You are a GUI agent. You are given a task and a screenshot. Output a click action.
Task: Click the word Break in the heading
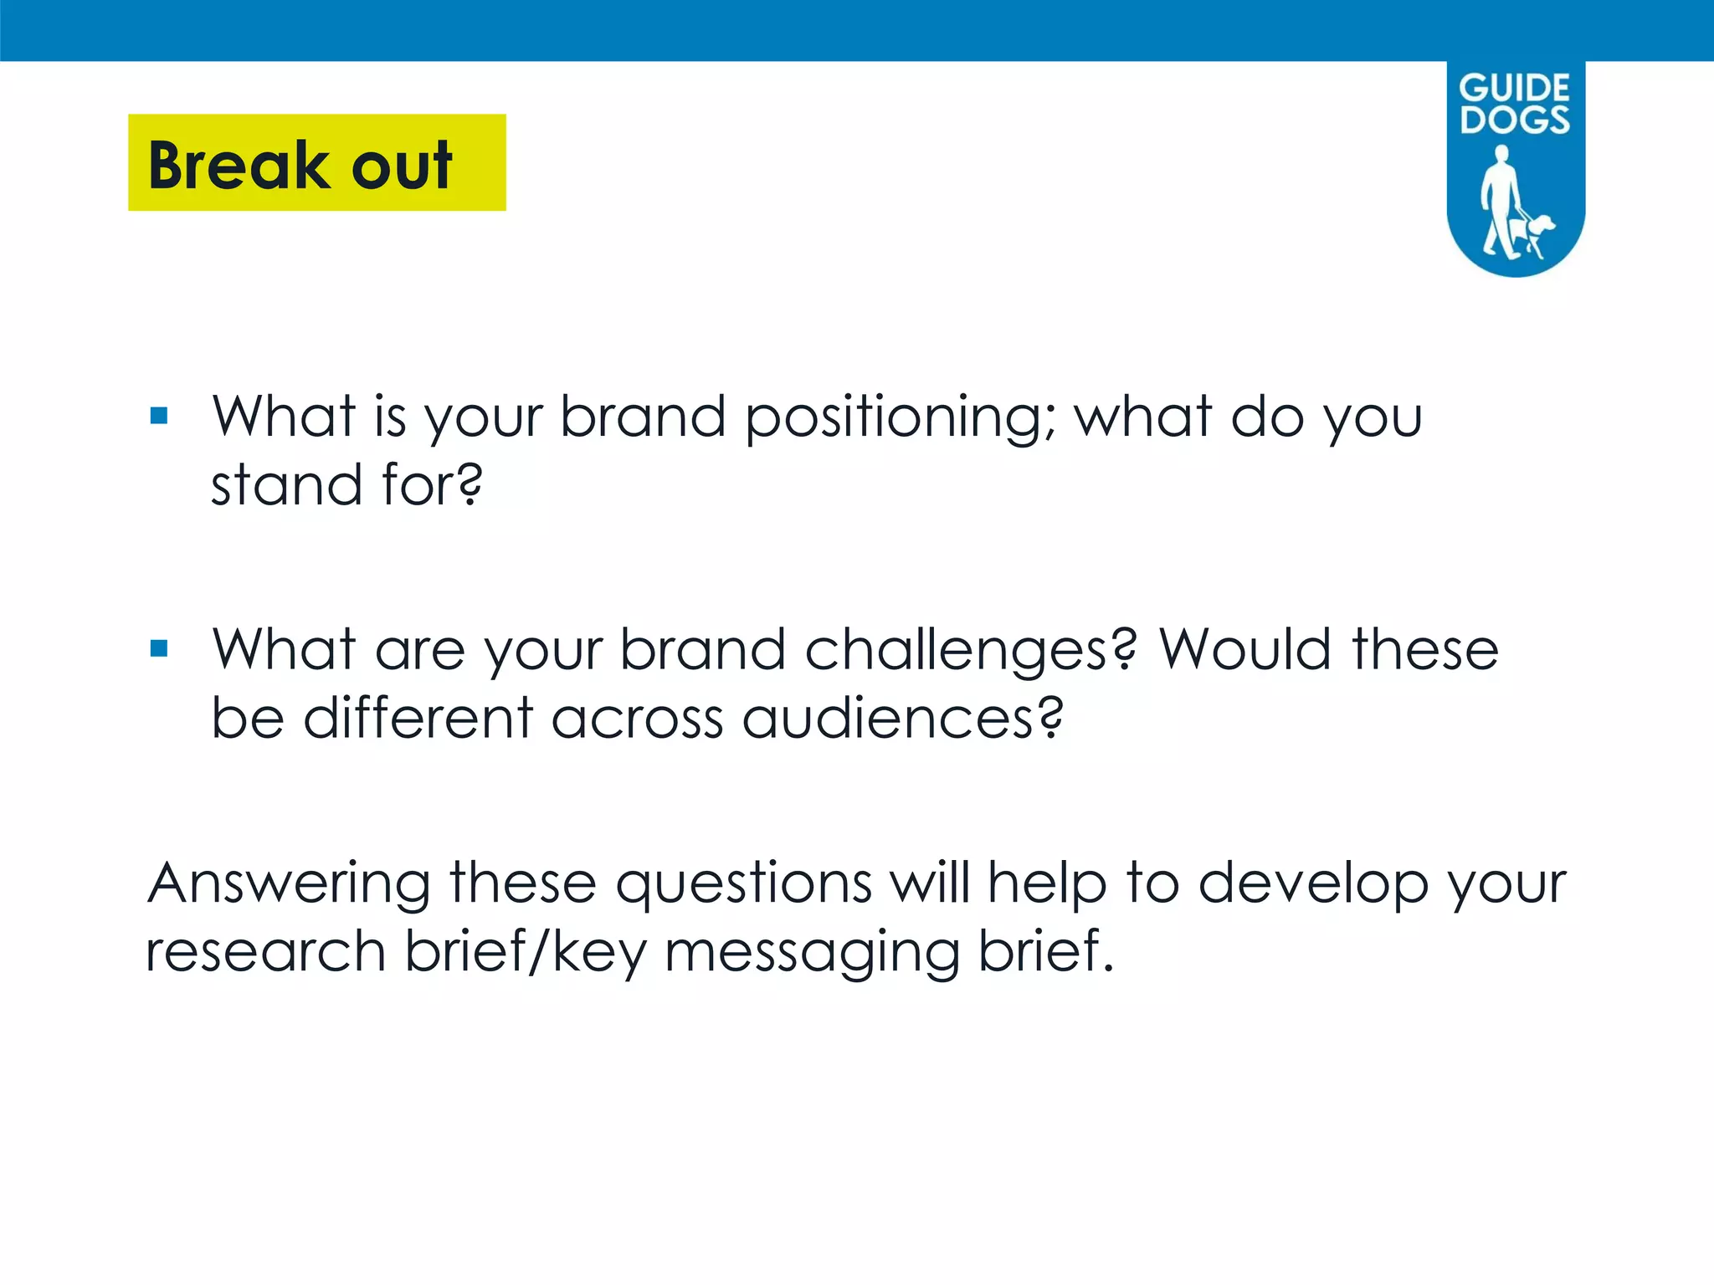[238, 165]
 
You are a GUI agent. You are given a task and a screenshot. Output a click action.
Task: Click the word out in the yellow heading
[402, 165]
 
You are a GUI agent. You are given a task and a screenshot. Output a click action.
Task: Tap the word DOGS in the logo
[1515, 120]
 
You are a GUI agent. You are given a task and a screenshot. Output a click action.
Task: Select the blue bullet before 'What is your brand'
[159, 416]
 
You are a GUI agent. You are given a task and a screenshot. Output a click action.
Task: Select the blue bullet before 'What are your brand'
[159, 648]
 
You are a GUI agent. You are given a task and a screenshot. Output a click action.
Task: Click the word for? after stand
[432, 484]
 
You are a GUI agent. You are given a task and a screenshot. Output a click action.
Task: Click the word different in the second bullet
[418, 718]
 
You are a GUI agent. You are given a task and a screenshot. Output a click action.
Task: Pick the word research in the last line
[265, 951]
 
